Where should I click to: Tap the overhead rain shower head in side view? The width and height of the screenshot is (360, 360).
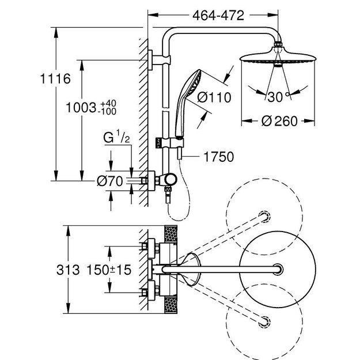(x=278, y=58)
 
